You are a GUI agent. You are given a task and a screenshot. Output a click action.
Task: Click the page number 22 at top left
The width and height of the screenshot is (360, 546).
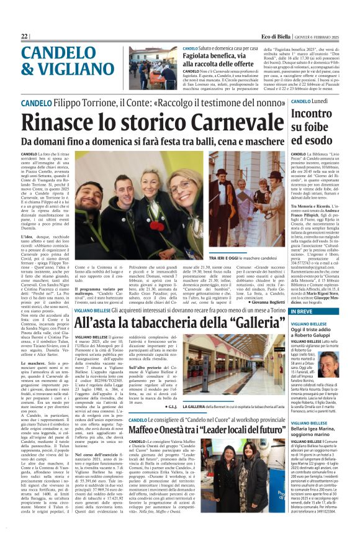25,37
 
